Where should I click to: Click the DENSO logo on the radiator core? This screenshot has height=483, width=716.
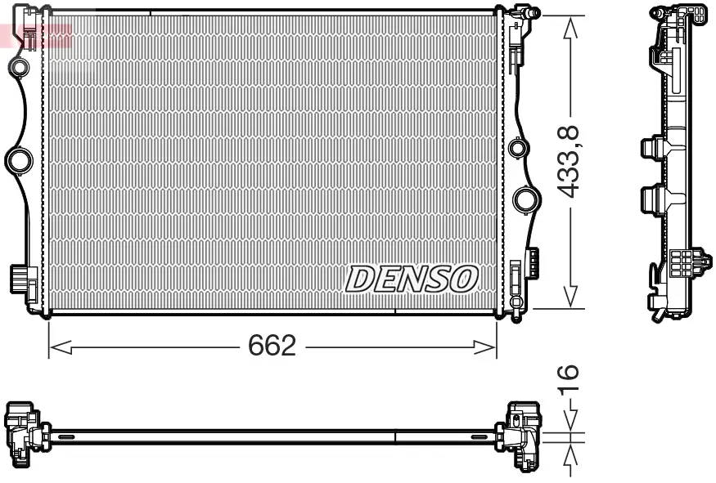point(412,279)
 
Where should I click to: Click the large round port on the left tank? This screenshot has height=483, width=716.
point(18,159)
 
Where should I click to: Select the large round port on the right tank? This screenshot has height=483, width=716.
point(525,199)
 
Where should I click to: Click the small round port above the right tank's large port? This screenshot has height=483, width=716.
point(516,149)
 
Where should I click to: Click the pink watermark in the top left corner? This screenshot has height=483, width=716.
point(36,34)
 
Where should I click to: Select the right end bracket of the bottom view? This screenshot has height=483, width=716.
point(523,434)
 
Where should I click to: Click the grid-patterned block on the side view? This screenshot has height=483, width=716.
point(681,262)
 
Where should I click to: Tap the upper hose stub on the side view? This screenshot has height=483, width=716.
point(651,149)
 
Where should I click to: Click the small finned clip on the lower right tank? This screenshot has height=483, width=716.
point(532,262)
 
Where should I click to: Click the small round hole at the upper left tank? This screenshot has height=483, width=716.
point(19,65)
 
